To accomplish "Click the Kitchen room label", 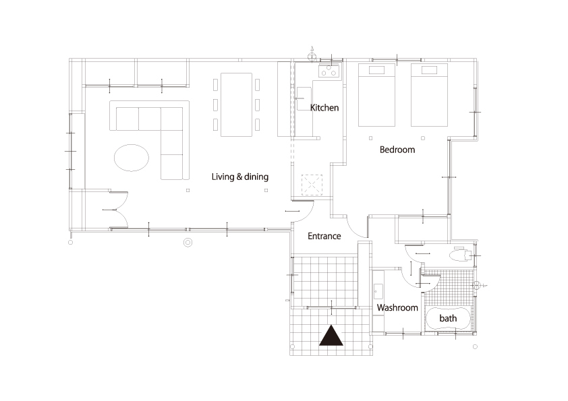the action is point(324,107).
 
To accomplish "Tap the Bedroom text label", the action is point(397,150).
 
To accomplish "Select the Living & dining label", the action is point(239,177).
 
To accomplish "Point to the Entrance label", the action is point(324,236).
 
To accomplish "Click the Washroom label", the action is point(397,307).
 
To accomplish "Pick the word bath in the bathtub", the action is point(448,318).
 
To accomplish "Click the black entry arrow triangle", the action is point(331,336).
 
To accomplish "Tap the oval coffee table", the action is point(132,158).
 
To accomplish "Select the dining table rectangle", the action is point(236,104).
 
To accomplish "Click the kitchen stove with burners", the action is point(329,71).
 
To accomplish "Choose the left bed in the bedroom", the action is point(376,95).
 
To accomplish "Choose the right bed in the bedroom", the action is point(429,95).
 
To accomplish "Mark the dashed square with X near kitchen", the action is point(312,185).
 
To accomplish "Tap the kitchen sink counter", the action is point(304,98).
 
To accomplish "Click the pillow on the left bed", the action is point(376,70).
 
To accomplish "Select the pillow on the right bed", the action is point(429,70).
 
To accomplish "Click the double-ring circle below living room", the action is point(188,242).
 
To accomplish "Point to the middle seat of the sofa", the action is point(150,119).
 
